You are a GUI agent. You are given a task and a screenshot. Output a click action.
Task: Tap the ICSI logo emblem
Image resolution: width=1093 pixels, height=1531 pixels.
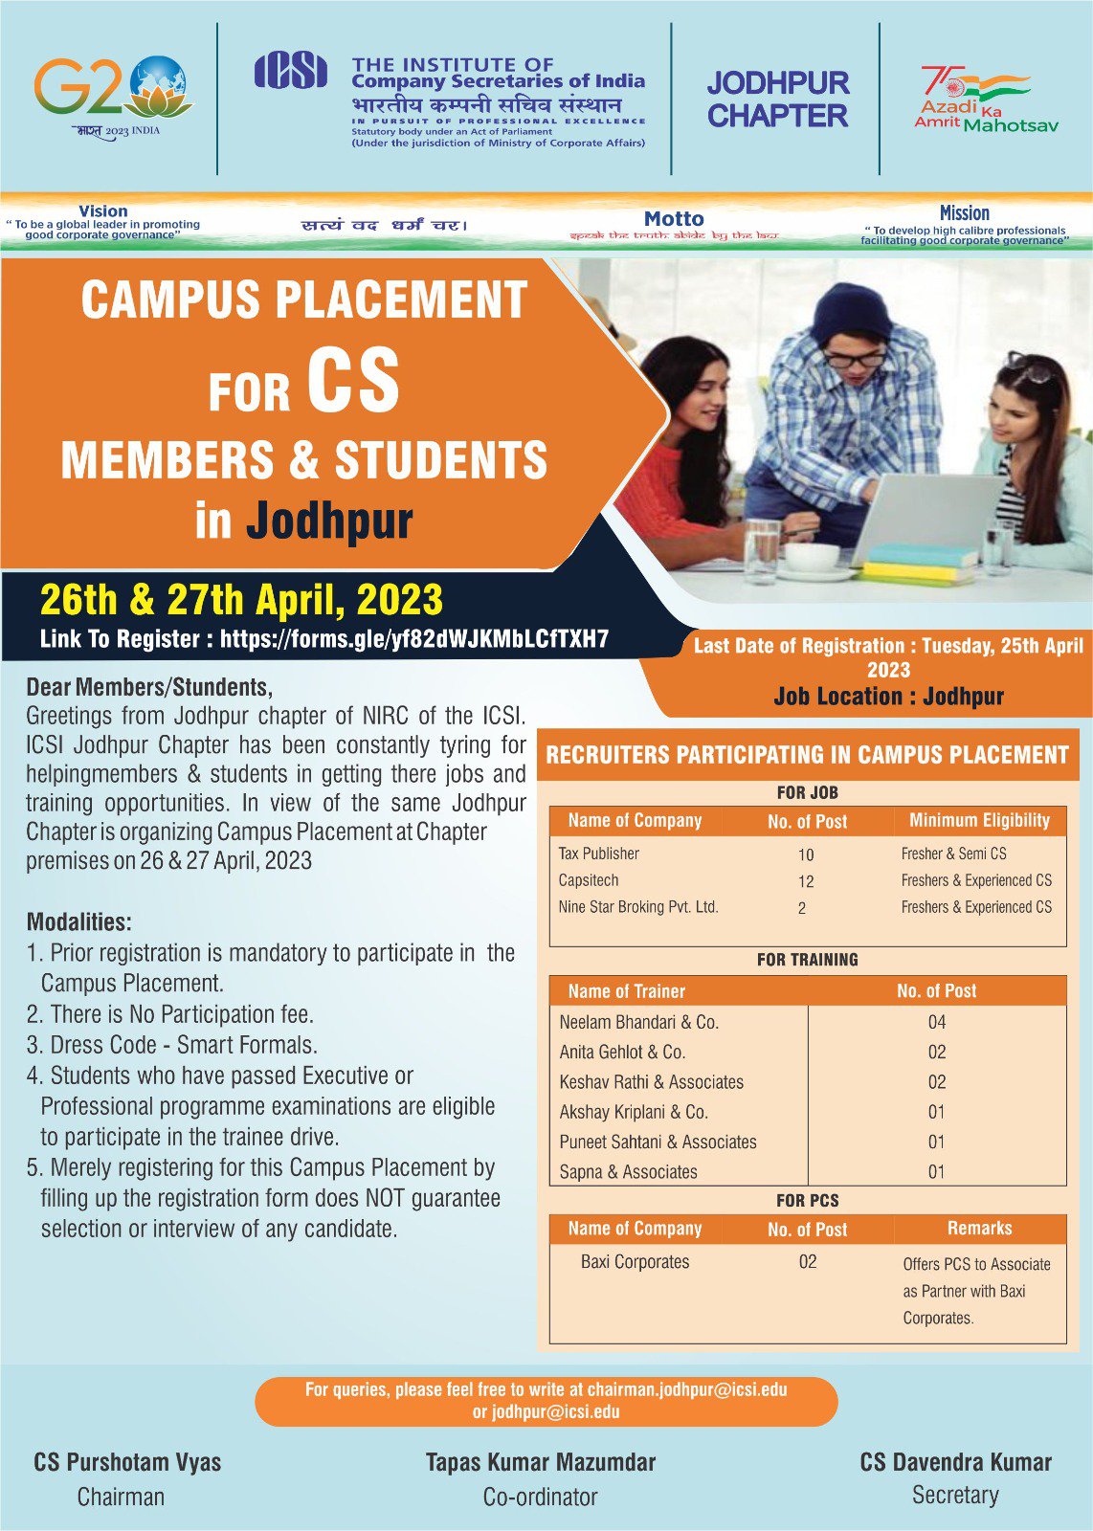pyautogui.click(x=290, y=72)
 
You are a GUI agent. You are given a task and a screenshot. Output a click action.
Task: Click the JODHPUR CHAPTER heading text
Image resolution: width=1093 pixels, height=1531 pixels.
pyautogui.click(x=777, y=100)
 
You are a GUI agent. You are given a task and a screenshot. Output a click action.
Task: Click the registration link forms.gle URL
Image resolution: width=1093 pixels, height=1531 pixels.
pyautogui.click(x=413, y=639)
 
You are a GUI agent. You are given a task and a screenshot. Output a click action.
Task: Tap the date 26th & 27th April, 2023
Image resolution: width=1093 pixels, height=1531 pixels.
pyautogui.click(x=241, y=600)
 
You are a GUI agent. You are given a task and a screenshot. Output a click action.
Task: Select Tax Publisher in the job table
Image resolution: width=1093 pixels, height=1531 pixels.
pyautogui.click(x=598, y=854)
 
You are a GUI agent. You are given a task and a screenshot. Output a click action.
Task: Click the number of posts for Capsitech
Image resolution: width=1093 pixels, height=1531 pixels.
pyautogui.click(x=806, y=881)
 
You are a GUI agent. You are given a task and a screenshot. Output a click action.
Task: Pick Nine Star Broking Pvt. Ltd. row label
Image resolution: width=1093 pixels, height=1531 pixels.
pyautogui.click(x=637, y=907)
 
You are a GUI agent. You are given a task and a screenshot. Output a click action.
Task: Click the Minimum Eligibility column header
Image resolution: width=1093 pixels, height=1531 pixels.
pyautogui.click(x=979, y=821)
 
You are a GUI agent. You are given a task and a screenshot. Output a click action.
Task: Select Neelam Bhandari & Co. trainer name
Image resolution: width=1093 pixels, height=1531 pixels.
pyautogui.click(x=638, y=1022)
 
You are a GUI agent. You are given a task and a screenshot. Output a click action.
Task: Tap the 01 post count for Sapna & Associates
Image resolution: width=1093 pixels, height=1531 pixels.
pyautogui.click(x=936, y=1171)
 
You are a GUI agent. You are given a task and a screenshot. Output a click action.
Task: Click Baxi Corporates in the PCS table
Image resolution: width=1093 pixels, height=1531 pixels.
pyautogui.click(x=635, y=1262)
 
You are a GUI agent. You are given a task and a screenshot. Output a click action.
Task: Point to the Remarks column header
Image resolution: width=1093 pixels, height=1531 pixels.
pyautogui.click(x=979, y=1229)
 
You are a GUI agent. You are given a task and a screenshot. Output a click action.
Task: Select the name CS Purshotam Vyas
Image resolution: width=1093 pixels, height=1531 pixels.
pyautogui.click(x=127, y=1462)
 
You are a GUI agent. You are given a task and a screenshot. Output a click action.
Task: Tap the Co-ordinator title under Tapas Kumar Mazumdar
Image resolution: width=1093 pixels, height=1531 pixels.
pyautogui.click(x=540, y=1498)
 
